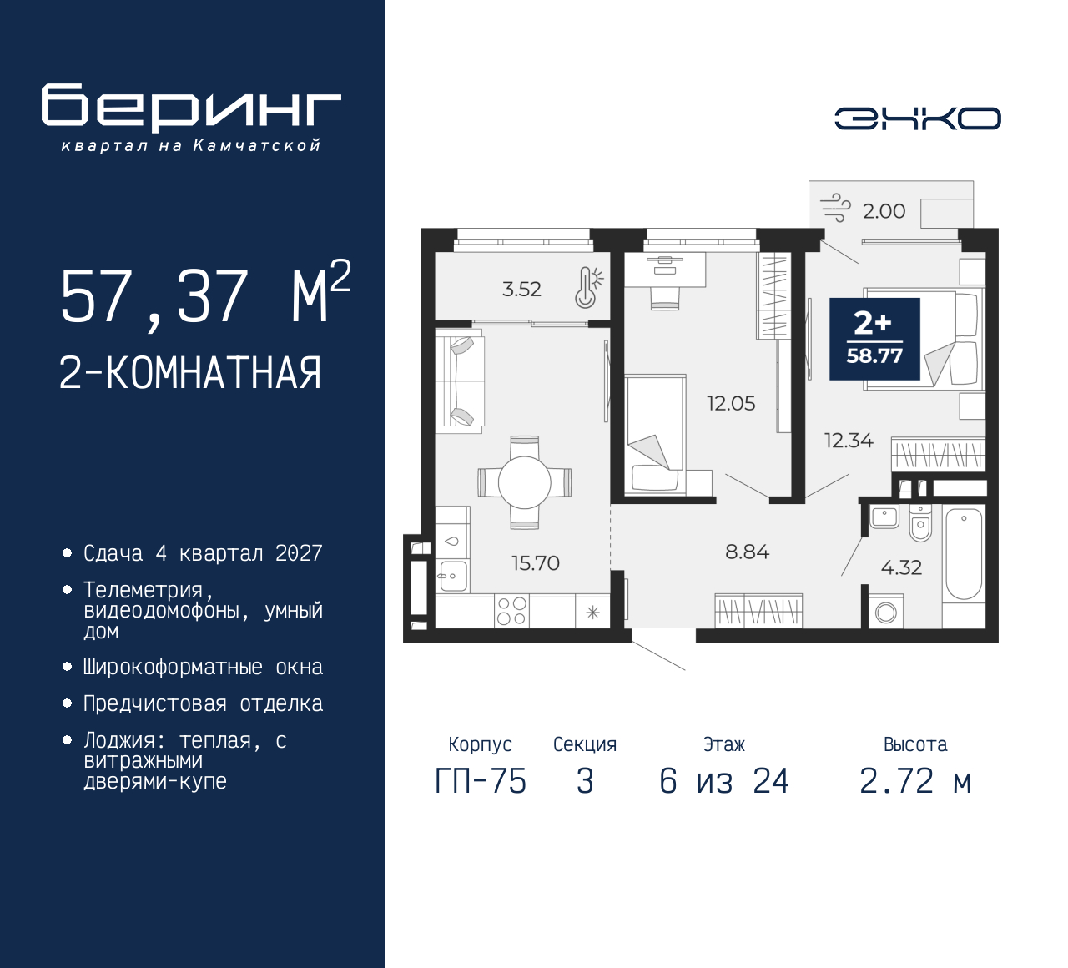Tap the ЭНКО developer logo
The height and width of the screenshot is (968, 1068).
pyautogui.click(x=917, y=118)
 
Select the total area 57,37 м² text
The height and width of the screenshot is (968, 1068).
pyautogui.click(x=205, y=295)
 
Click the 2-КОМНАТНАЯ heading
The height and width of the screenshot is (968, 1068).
pyautogui.click(x=190, y=373)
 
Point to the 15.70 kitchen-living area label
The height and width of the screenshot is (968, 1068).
pyautogui.click(x=535, y=563)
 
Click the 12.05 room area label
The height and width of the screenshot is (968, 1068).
pyautogui.click(x=731, y=404)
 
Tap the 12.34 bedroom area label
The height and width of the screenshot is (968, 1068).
pyautogui.click(x=849, y=441)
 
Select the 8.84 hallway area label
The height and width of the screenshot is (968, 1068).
pyautogui.click(x=747, y=552)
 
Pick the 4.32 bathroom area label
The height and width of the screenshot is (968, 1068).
pyautogui.click(x=901, y=567)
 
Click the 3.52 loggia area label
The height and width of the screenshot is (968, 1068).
pyautogui.click(x=521, y=290)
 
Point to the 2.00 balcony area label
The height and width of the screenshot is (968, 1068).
pyautogui.click(x=884, y=211)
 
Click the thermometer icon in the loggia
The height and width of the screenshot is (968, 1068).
pyautogui.click(x=587, y=287)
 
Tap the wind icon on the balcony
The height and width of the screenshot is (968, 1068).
pyautogui.click(x=834, y=208)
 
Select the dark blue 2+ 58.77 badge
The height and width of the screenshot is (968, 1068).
pyautogui.click(x=874, y=339)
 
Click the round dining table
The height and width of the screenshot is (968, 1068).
pyautogui.click(x=524, y=482)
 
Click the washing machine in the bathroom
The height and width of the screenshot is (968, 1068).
pyautogui.click(x=885, y=612)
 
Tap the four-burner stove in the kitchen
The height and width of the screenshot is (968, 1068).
pyautogui.click(x=511, y=611)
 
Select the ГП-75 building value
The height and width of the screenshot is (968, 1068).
pyautogui.click(x=481, y=781)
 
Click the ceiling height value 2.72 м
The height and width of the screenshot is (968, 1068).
pyautogui.click(x=914, y=781)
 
